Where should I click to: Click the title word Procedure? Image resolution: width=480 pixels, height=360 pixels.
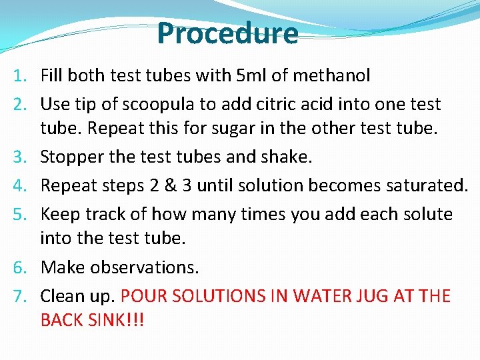(228, 34)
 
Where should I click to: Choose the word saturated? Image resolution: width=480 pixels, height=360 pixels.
(427, 186)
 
